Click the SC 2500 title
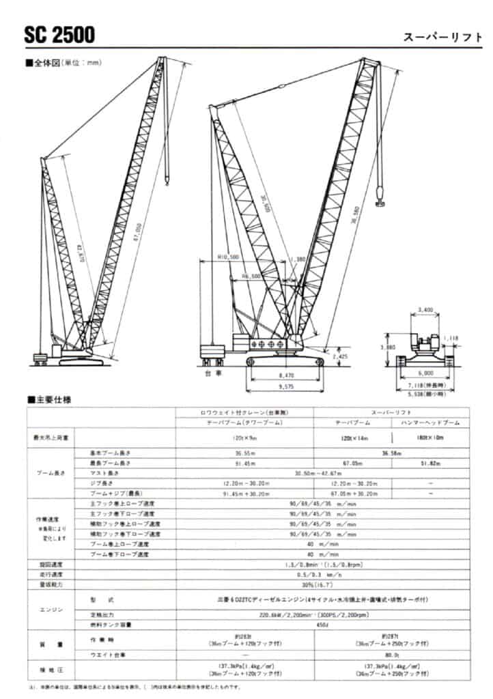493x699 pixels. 59,34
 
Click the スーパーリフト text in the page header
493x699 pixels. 442,37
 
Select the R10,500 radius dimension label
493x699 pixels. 227,257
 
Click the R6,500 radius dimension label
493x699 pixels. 251,276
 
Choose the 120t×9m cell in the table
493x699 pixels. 244,436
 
